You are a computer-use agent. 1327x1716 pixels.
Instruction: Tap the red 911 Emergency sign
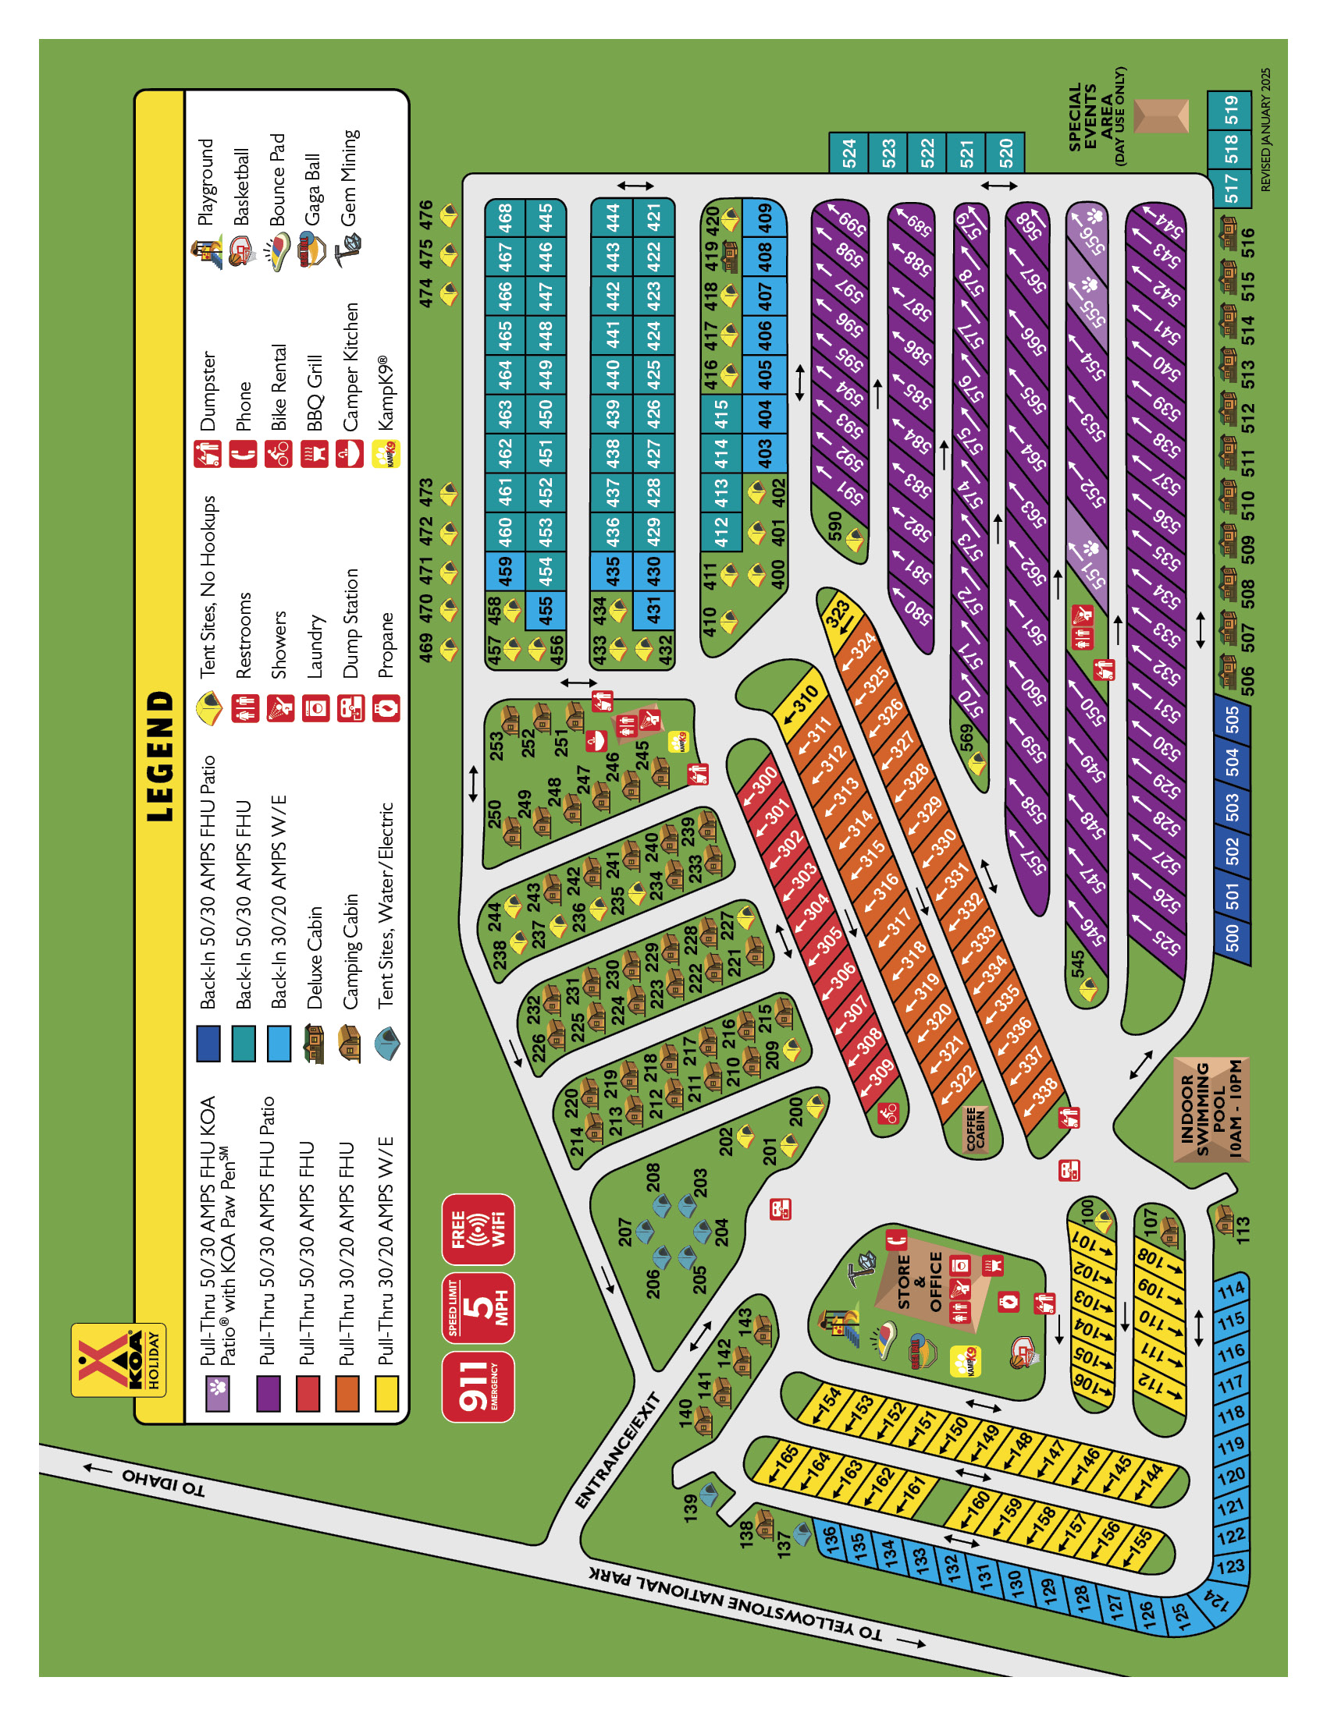[x=477, y=1387]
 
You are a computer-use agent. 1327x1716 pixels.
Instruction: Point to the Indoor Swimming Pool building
[x=1211, y=1108]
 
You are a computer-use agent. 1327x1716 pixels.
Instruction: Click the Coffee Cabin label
[x=975, y=1129]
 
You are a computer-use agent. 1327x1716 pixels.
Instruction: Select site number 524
[x=849, y=152]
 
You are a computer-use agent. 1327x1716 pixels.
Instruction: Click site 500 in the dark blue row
[x=1232, y=938]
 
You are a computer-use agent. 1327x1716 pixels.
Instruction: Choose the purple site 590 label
[x=834, y=526]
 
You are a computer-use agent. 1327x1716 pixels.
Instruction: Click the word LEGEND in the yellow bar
[x=160, y=756]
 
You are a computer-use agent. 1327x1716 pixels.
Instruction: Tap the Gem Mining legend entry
[x=348, y=178]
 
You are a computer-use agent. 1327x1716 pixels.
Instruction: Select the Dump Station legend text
[x=350, y=623]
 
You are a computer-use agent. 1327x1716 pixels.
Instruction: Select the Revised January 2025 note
[x=1265, y=129]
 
